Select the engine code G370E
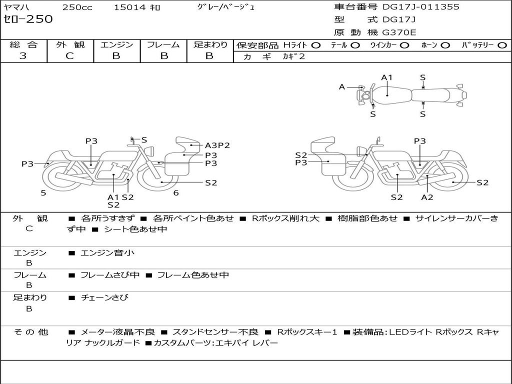coord(399,32)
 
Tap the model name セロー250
coord(28,19)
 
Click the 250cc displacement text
coord(77,7)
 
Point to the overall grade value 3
coord(23,56)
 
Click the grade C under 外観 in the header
coord(70,56)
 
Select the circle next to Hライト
coord(316,45)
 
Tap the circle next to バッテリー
coord(502,45)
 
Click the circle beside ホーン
coord(445,45)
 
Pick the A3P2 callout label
coord(217,145)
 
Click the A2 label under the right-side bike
coord(427,197)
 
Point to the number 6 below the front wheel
coord(176,193)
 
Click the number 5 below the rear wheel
coord(43,193)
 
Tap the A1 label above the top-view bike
coord(386,77)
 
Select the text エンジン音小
coord(107,252)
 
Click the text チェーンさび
coord(104,297)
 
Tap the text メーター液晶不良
coord(117,332)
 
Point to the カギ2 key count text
coord(294,56)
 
